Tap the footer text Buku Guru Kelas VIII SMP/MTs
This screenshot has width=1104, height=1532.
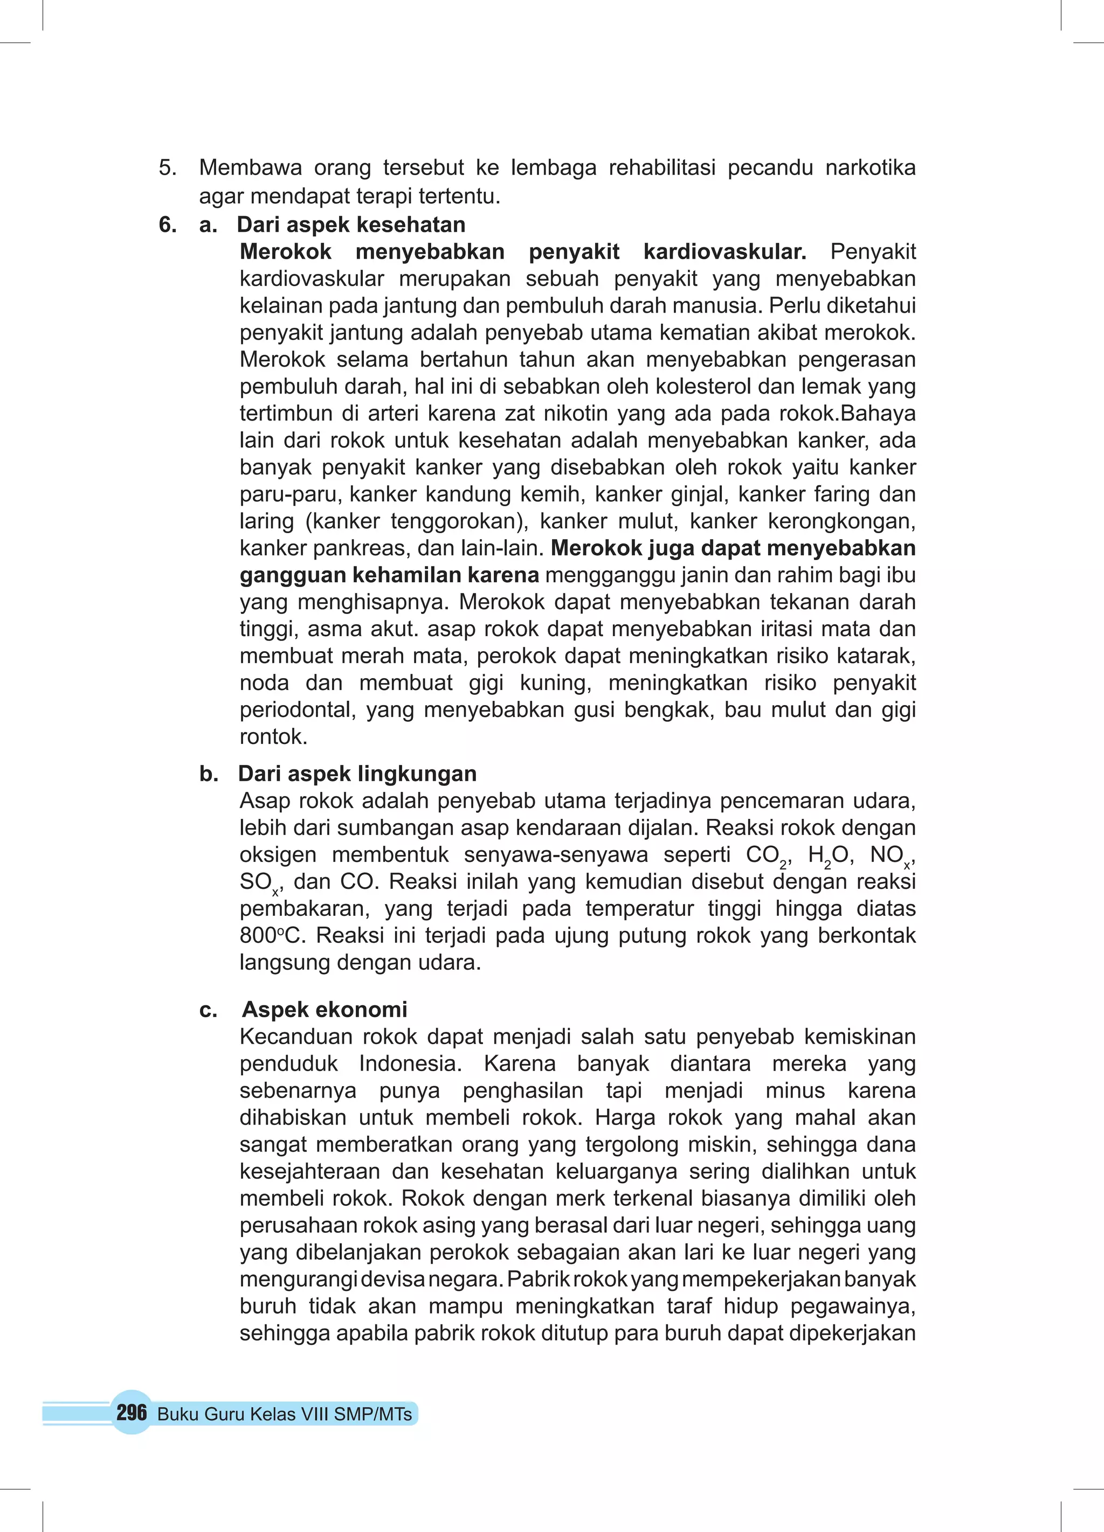click(285, 1414)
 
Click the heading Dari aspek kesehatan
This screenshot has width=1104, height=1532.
click(350, 224)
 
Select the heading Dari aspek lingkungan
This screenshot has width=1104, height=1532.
click(357, 773)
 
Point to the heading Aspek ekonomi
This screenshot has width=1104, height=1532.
click(325, 1009)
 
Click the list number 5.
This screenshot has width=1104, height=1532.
click(168, 168)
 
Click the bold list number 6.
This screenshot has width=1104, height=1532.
click(168, 224)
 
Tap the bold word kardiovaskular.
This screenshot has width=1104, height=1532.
click(724, 251)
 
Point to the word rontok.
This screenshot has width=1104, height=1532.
click(273, 736)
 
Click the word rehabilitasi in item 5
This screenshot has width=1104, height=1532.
click(661, 168)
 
